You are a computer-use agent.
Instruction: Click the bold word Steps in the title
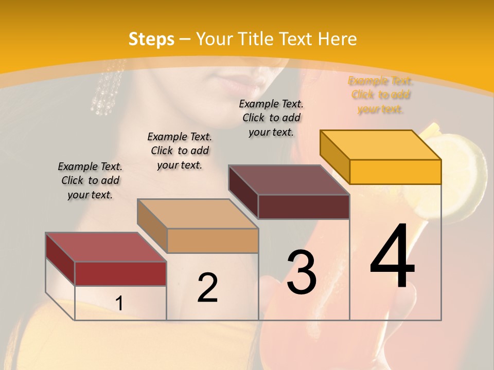pyautogui.click(x=151, y=39)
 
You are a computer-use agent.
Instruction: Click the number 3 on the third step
pyautogui.click(x=302, y=272)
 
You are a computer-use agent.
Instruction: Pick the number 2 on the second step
pyautogui.click(x=207, y=288)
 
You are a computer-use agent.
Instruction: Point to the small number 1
pyautogui.click(x=119, y=304)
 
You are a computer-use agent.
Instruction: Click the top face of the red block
pyautogui.click(x=105, y=247)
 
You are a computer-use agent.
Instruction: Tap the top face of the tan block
pyautogui.click(x=198, y=214)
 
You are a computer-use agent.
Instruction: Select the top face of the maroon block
pyautogui.click(x=289, y=180)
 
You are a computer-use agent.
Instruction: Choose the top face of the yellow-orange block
pyautogui.click(x=381, y=145)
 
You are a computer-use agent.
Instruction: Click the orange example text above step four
pyautogui.click(x=381, y=95)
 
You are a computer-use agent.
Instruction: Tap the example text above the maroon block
pyautogui.click(x=271, y=118)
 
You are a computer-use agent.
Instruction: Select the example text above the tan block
pyautogui.click(x=180, y=151)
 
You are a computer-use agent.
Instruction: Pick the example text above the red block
pyautogui.click(x=90, y=180)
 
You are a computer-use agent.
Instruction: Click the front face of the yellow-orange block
pyautogui.click(x=395, y=172)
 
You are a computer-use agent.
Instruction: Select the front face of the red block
pyautogui.click(x=120, y=273)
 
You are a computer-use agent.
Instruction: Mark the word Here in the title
pyautogui.click(x=337, y=39)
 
